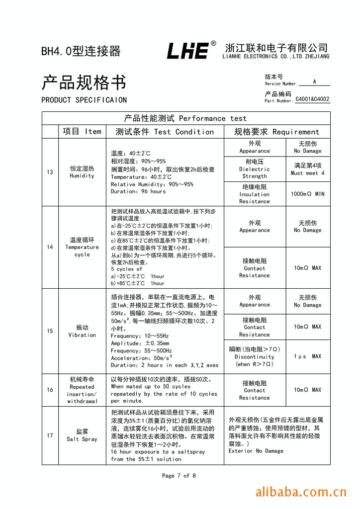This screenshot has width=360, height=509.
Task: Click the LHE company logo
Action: (187, 51)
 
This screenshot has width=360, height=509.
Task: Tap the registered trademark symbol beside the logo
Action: (213, 44)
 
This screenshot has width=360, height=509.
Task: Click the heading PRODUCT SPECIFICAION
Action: (84, 100)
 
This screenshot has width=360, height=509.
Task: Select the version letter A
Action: (314, 82)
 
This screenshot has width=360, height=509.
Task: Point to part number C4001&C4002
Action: (312, 99)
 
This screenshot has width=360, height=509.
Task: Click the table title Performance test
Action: (185, 118)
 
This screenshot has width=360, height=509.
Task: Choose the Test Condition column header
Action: (165, 132)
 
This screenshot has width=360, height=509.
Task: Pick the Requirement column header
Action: (276, 132)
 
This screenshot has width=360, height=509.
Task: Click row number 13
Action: (50, 172)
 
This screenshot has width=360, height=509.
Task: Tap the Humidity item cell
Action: (82, 172)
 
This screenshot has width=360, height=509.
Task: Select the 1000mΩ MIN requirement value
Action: (307, 194)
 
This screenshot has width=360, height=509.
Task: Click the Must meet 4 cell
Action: (307, 169)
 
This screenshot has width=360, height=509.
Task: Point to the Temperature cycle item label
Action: (82, 247)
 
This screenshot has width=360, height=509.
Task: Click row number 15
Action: (50, 331)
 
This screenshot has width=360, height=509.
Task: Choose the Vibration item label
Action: (82, 331)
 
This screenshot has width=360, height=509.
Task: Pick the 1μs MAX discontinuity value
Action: (307, 356)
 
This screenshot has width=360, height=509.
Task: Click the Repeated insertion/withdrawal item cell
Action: (82, 390)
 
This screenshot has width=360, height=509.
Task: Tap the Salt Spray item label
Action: (82, 435)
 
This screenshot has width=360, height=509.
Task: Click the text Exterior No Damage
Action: (256, 451)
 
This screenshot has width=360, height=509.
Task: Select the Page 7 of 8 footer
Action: (179, 476)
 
